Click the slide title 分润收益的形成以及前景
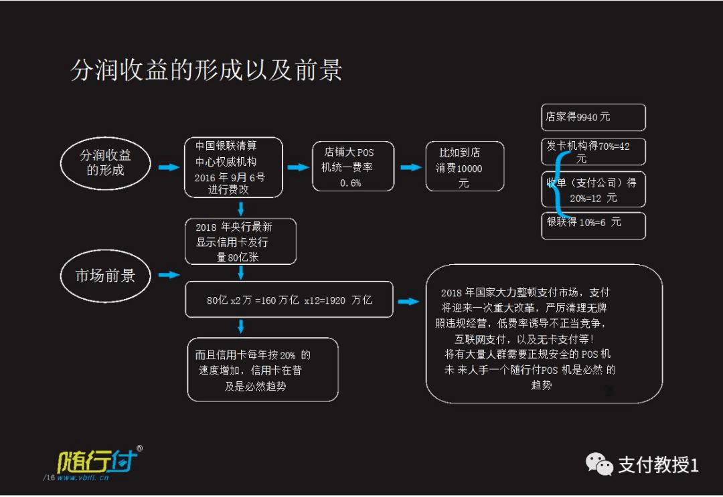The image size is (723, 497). pos(206,70)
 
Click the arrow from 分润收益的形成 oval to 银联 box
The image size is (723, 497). pos(169,167)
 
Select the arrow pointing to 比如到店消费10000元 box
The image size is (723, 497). pos(411,167)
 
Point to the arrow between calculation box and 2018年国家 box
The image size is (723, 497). pos(408,302)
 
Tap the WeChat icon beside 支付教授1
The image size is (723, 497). pos(599,464)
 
